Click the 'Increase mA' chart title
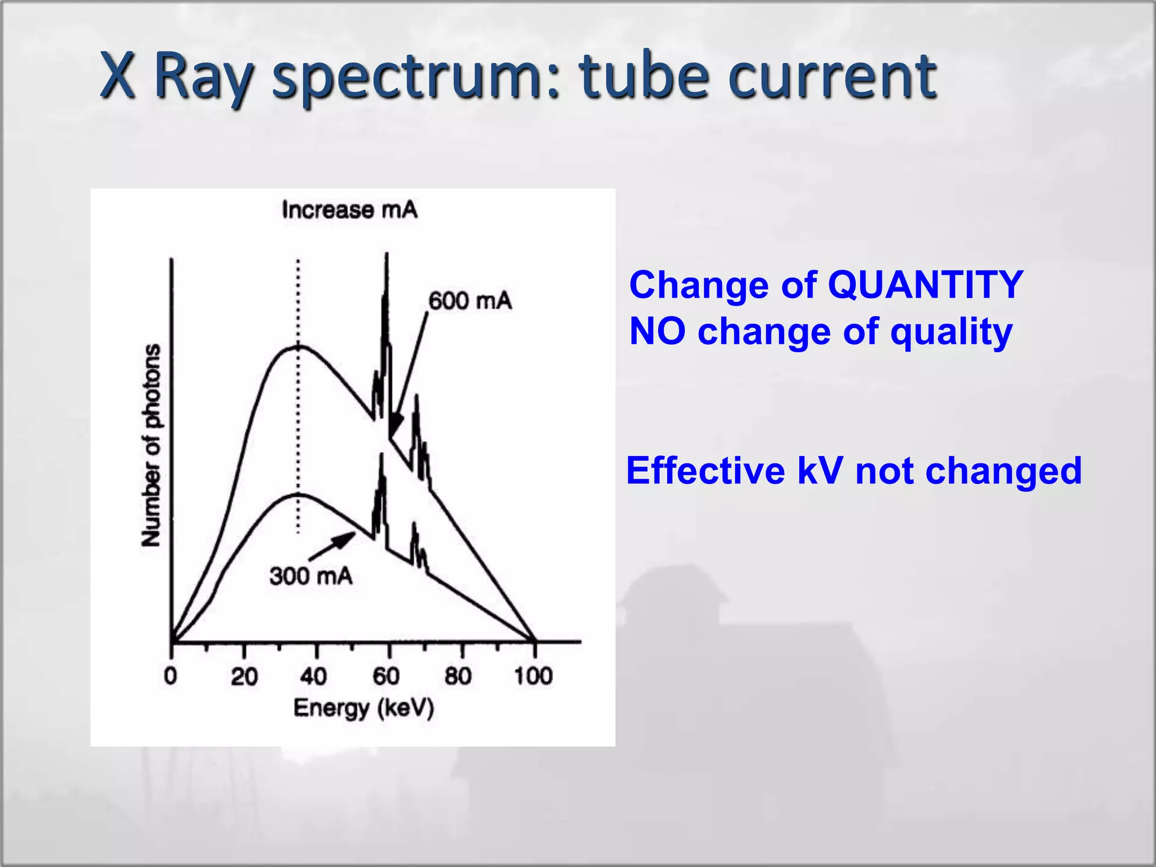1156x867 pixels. tap(349, 210)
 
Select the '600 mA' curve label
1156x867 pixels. tap(470, 300)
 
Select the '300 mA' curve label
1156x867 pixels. tap(311, 576)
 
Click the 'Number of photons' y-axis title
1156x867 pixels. tap(151, 445)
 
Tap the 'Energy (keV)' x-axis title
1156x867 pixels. tap(364, 708)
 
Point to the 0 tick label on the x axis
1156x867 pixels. tap(170, 676)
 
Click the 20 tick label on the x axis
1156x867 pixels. tap(244, 676)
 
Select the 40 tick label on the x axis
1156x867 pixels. tap(314, 676)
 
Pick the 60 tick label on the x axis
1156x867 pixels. tap(387, 676)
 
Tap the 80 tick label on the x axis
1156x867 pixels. tap(458, 676)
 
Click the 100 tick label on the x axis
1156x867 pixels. tap(533, 676)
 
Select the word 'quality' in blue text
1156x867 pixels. tap(951, 331)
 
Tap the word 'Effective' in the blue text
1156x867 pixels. tap(705, 471)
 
